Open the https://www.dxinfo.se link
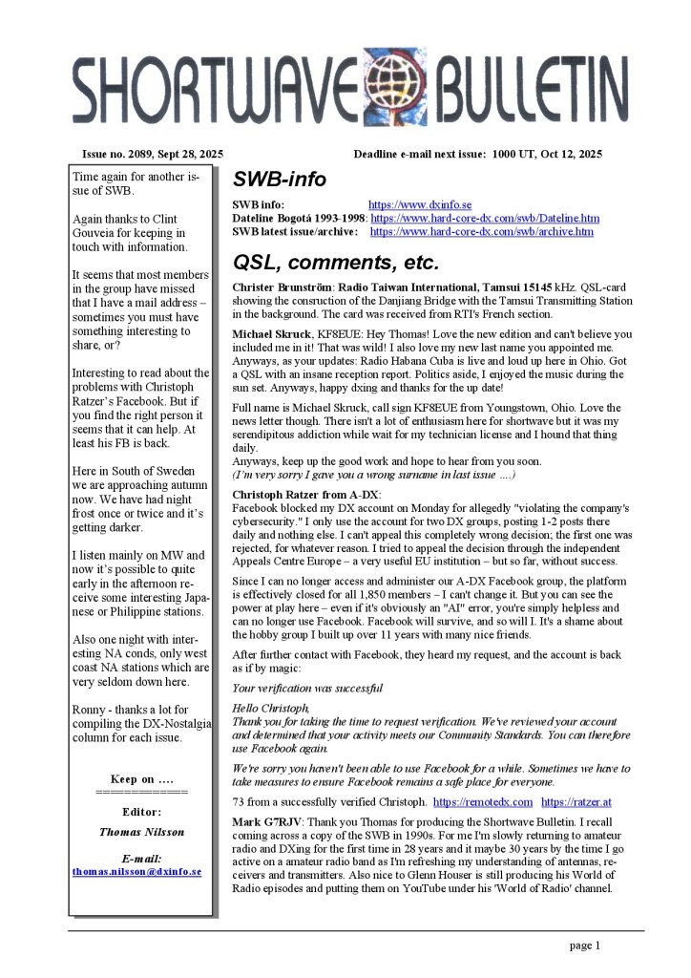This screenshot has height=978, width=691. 420,205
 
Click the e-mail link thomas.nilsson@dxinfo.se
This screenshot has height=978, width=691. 136,872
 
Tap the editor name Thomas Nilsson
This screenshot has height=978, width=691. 141,832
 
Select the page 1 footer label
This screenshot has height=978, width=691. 584,946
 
